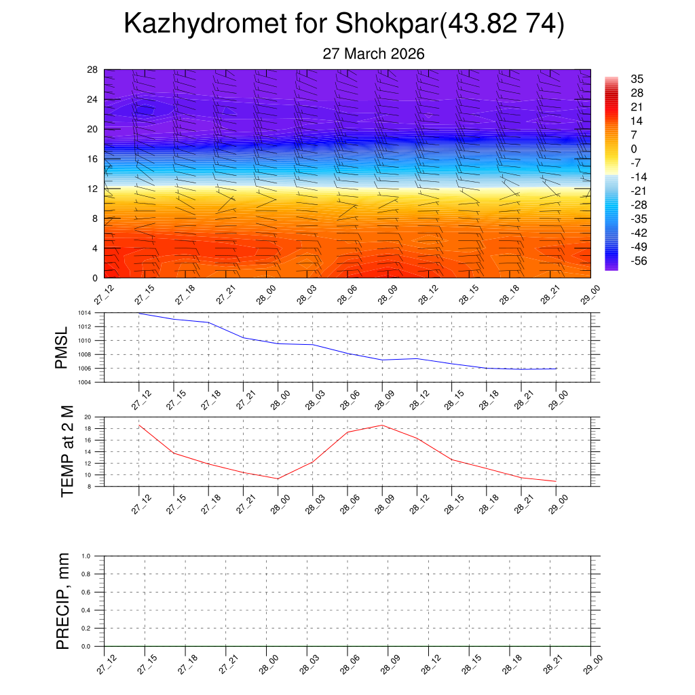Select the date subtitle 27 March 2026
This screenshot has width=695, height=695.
[373, 54]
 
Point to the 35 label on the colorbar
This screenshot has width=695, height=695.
[637, 79]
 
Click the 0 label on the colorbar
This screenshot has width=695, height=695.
[634, 149]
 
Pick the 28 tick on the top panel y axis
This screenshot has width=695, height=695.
[93, 70]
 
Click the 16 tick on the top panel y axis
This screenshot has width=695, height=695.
[93, 159]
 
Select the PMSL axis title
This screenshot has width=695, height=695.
[62, 347]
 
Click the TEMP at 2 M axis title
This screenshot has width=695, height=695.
[67, 451]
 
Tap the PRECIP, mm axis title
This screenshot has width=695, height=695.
[63, 601]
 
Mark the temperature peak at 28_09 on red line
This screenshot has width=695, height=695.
[382, 426]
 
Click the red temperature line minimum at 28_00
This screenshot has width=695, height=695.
[278, 478]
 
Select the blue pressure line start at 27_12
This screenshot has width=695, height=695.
[139, 314]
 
